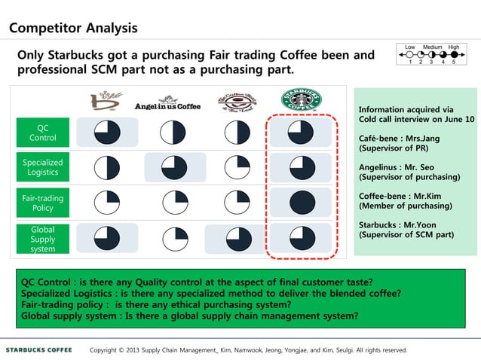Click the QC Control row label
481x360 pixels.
pos(42,133)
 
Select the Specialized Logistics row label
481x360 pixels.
pos(42,167)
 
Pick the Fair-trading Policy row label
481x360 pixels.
pos(42,203)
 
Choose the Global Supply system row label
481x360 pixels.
pos(42,239)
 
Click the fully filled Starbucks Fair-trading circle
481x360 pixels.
pos(302,203)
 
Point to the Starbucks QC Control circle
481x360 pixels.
pos(302,133)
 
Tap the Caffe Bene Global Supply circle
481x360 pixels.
pos(107,238)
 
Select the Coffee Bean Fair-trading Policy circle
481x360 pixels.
pos(238,203)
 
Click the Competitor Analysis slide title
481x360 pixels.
pos(73,29)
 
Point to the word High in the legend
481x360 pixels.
pos(453,47)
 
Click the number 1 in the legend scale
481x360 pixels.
pos(410,63)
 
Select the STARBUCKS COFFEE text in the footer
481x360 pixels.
pos(39,349)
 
